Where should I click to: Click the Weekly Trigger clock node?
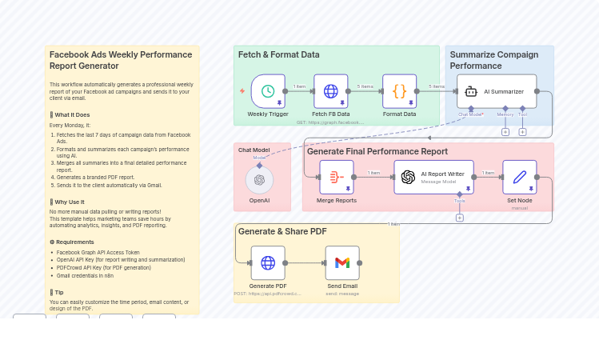point(268,91)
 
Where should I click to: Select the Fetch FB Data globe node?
point(330,91)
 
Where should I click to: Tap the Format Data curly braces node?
point(399,91)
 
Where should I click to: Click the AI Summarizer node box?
point(497,91)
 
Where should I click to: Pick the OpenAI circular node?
point(259,180)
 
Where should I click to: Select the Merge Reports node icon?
point(336,177)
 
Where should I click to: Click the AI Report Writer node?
point(433,177)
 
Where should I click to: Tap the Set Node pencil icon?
point(519,177)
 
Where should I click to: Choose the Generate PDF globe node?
point(268,262)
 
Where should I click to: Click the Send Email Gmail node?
point(342,262)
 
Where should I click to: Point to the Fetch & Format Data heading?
point(278,55)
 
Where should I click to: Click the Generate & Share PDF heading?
point(282,232)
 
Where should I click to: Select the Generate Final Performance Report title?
point(377,151)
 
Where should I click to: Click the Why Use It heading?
point(69,202)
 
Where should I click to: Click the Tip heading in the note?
point(58,292)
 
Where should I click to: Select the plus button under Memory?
point(505,132)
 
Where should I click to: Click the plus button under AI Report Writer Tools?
point(459,218)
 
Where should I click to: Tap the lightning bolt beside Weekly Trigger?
point(242,91)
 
